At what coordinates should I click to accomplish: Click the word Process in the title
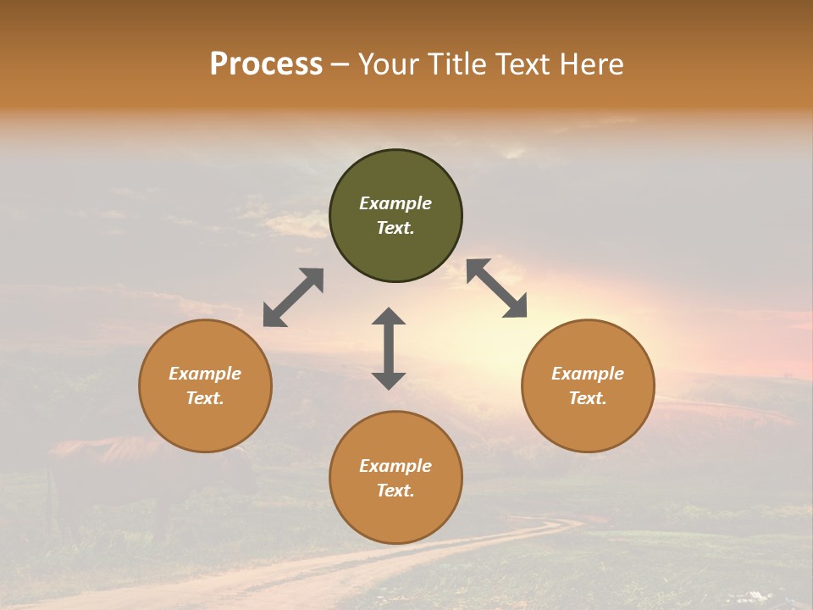coord(266,64)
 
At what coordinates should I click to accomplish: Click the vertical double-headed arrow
coord(389,348)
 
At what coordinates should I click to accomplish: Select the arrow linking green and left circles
coord(293,297)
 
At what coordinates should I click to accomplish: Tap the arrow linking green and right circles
coord(496,288)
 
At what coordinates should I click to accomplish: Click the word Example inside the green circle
coord(395,203)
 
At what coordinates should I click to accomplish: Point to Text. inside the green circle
coord(395,228)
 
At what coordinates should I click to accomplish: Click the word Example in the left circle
coord(205,374)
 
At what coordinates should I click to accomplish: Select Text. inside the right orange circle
coord(588,398)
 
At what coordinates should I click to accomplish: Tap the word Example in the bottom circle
coord(395,466)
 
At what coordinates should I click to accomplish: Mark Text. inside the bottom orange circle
coord(395,491)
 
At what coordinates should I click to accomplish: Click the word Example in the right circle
coord(588,374)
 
